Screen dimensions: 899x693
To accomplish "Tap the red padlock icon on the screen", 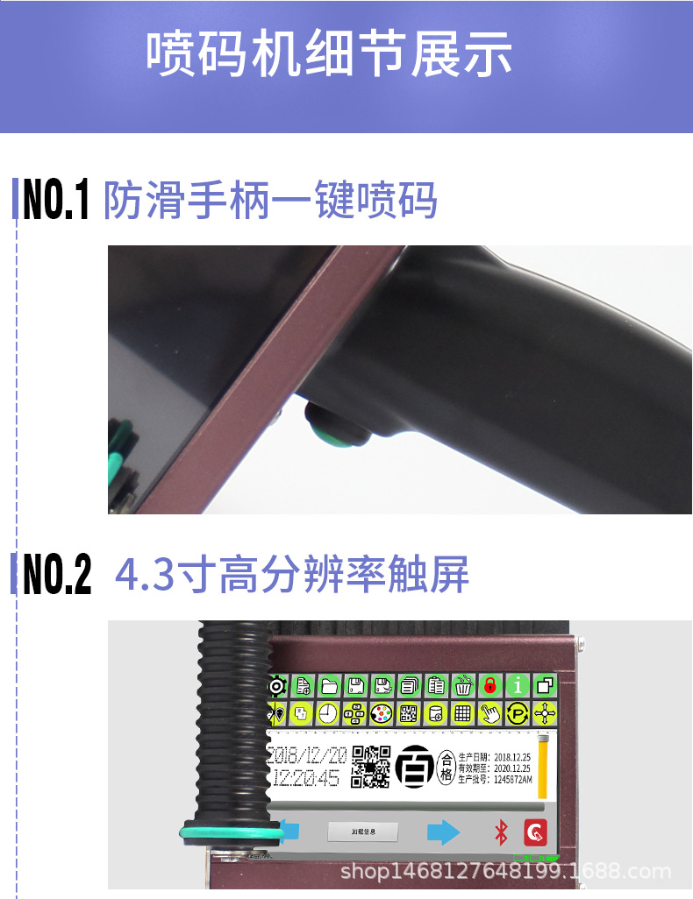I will (489, 685).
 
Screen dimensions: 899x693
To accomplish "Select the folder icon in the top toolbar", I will (330, 685).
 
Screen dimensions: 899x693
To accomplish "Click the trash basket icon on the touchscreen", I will (462, 685).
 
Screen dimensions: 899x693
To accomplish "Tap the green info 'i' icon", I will (518, 685).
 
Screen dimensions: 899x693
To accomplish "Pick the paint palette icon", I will (382, 713).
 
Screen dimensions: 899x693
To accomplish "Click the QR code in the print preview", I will (370, 766).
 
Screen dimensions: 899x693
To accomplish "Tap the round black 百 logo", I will (413, 766).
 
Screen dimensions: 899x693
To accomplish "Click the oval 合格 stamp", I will (447, 766).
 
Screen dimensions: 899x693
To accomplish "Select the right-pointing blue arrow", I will (444, 832).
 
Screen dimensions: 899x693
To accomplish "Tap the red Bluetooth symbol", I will (501, 832).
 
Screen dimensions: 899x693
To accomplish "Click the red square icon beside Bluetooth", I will (535, 831).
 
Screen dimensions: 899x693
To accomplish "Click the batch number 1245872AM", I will (513, 778).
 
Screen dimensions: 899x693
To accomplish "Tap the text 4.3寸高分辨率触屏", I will (292, 575).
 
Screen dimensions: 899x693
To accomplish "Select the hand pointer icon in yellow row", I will (489, 713).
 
